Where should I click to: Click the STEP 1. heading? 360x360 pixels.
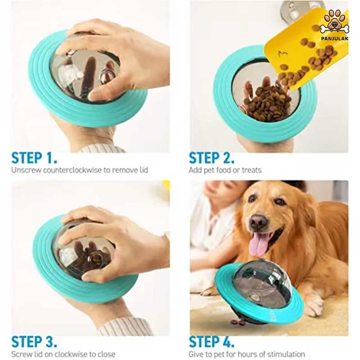click(34, 158)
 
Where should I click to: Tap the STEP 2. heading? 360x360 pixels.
click(211, 158)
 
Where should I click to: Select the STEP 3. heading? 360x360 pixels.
click(34, 342)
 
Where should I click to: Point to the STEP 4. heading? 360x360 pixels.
click(211, 342)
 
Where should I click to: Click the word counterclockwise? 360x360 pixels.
click(72, 170)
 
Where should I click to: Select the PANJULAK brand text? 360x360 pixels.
click(335, 38)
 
